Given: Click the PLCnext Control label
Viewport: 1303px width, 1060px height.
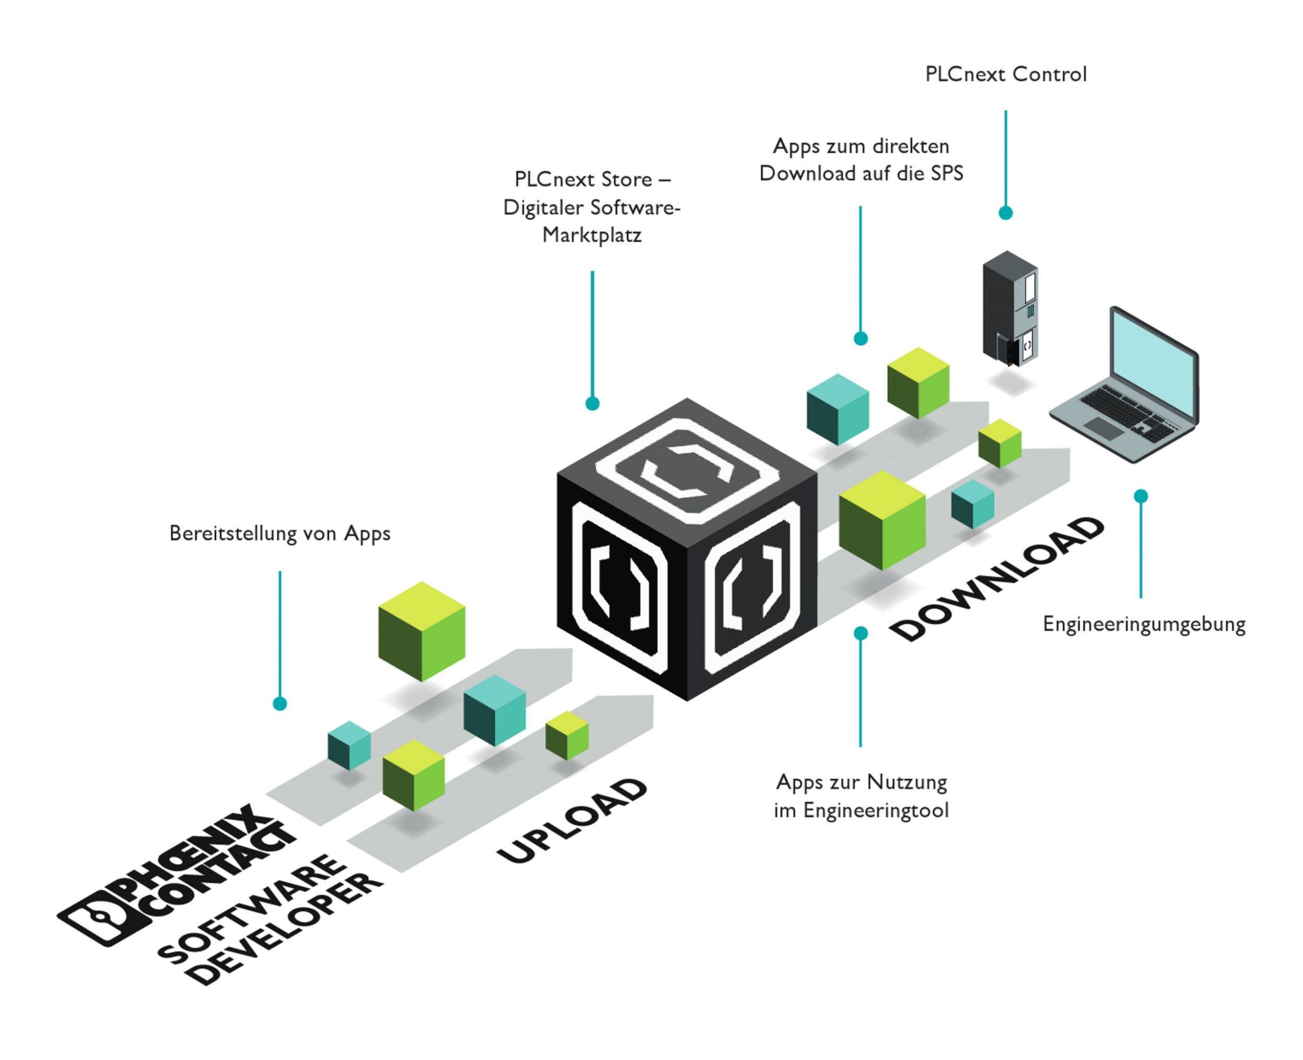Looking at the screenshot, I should tap(1005, 75).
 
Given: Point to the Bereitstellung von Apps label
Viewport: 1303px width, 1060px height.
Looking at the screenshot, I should tap(280, 533).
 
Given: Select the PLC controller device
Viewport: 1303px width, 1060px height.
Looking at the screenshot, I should tap(1010, 309).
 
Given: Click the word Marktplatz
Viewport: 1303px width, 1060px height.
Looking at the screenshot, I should tap(592, 235).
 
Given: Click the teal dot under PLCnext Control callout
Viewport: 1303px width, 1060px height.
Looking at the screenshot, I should tap(1005, 213).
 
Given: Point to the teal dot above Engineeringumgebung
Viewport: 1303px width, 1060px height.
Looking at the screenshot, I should tap(1140, 496).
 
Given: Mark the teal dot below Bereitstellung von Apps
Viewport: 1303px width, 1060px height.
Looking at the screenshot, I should tap(280, 704).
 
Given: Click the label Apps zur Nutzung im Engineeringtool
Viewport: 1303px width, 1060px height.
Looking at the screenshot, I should tap(861, 796).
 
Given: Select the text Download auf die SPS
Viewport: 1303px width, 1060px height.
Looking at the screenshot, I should tap(861, 174).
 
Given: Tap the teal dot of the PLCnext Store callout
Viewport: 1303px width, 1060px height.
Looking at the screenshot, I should tap(592, 403).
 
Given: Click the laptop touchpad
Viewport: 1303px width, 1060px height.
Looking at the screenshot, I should tap(1103, 428).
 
